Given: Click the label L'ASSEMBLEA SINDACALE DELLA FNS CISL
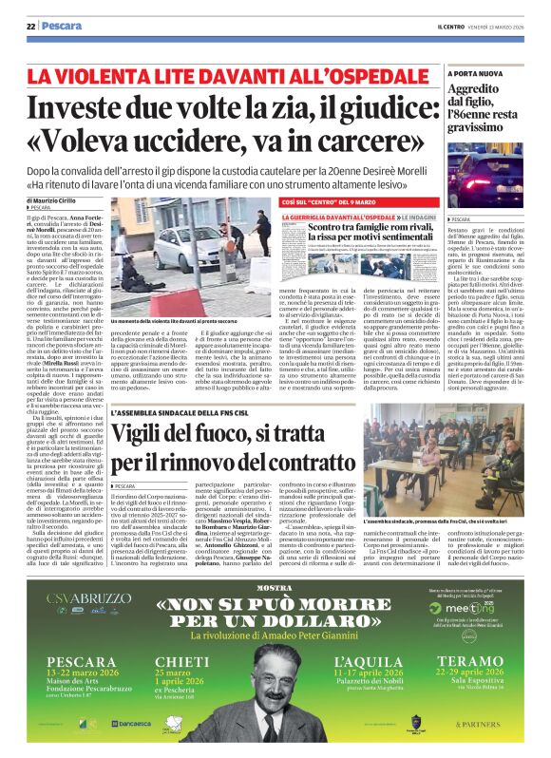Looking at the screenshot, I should point(185,415).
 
